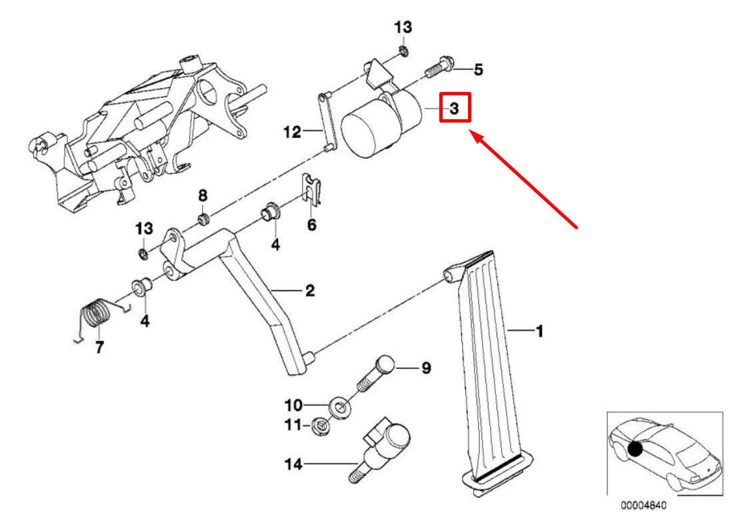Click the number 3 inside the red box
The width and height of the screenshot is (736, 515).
click(x=454, y=108)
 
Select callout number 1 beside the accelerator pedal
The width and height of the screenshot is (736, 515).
click(x=539, y=330)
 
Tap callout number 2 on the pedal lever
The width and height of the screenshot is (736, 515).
click(x=309, y=290)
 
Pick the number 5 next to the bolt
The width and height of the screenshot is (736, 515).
click(x=478, y=69)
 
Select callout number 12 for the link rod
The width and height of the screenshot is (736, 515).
click(x=292, y=132)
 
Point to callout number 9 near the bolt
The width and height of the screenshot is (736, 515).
click(x=425, y=367)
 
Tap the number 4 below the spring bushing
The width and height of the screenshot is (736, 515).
click(x=144, y=322)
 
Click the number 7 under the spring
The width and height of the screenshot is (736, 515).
click(x=99, y=347)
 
